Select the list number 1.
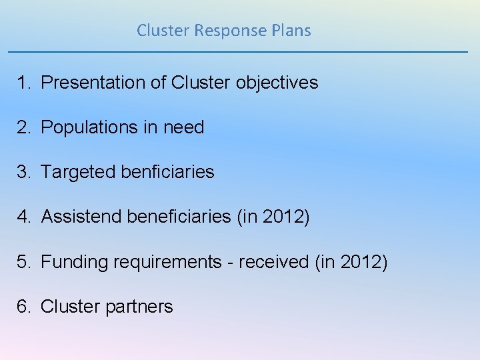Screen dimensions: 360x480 pos(23,83)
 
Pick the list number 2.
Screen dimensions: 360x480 pos(23,127)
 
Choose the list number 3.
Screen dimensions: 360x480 pos(23,172)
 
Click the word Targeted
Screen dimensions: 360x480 pos(78,172)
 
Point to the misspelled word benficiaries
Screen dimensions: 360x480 pos(168,172)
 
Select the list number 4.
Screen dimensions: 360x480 pos(23,217)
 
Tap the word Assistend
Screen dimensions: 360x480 pos(81,217)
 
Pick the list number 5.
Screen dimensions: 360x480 pos(23,262)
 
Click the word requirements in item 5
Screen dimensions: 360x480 pos(167,262)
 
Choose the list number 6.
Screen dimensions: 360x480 pos(23,307)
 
